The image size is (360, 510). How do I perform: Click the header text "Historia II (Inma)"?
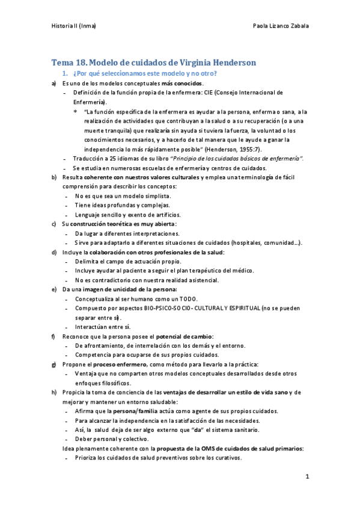click(x=74, y=26)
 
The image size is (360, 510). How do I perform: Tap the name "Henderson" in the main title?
click(x=230, y=62)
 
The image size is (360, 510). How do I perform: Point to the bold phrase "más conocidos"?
click(x=182, y=83)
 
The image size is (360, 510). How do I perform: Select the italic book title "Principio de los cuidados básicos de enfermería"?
click(x=237, y=158)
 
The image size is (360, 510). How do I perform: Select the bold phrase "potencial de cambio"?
click(x=184, y=336)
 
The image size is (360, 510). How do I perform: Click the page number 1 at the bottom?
click(x=307, y=477)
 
